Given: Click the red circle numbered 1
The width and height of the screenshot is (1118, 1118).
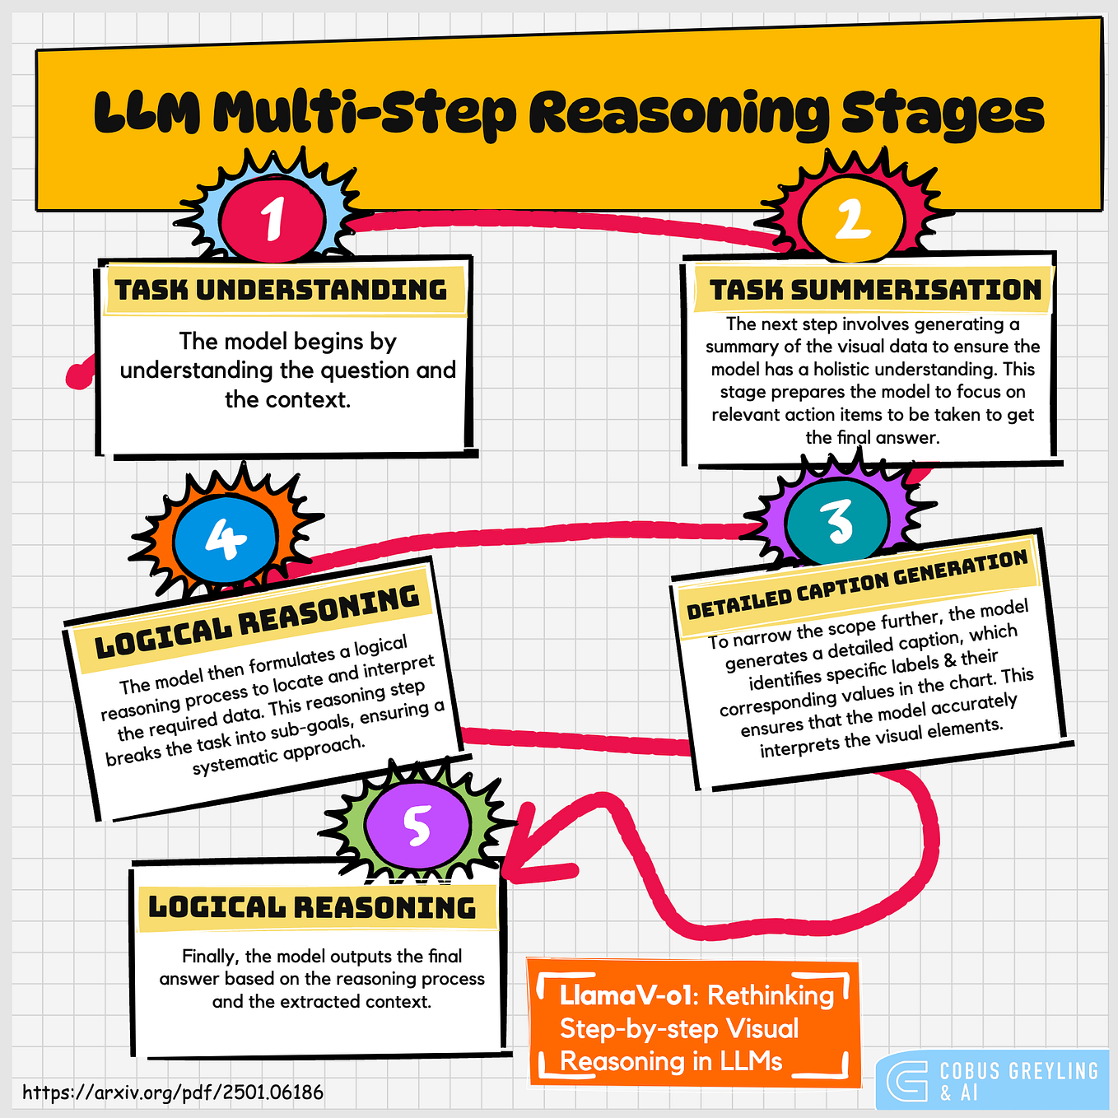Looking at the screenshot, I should pos(273,218).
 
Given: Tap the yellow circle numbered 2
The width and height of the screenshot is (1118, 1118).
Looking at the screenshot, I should pos(853,219).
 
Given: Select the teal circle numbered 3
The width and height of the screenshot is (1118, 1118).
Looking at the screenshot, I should pos(837,521).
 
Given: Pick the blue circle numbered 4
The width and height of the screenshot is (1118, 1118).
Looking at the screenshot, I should pos(225,539).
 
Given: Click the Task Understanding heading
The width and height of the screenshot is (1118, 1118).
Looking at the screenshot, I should pos(281,290).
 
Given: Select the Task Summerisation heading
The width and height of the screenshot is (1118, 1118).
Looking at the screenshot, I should pos(875,290).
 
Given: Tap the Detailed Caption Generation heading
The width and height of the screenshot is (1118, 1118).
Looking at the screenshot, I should pos(857,585).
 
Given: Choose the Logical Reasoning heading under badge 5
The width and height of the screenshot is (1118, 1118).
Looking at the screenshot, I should pos(312,907).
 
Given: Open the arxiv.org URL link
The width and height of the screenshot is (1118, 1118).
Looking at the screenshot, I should pos(173,1092).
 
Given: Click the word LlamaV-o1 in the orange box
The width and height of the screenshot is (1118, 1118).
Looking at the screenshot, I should pos(623,995).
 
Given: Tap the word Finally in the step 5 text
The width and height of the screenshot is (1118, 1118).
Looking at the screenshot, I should pos(210,956).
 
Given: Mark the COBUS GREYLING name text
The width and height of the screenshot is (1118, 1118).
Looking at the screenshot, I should pos(1019,1071).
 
